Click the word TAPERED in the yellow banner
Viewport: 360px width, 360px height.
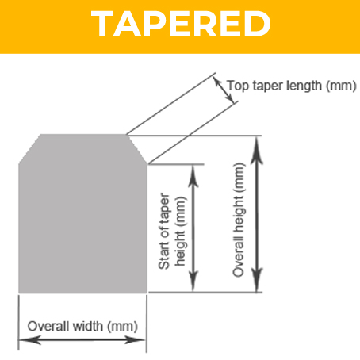[x=181, y=24]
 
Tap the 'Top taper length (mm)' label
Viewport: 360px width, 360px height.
[x=292, y=86]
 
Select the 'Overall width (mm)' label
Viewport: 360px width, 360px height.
[x=82, y=327]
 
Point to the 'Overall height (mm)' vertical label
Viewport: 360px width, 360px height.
[x=239, y=220]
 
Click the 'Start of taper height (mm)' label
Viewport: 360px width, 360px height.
[x=172, y=231]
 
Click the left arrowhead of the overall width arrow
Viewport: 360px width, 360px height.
[x=29, y=340]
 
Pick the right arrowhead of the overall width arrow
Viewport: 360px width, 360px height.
[x=136, y=340]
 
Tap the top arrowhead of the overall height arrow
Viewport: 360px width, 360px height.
[x=256, y=150]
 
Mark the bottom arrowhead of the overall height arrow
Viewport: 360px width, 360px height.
[x=256, y=280]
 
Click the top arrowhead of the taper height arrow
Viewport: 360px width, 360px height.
[x=193, y=177]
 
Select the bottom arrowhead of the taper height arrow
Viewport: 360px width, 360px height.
[x=193, y=281]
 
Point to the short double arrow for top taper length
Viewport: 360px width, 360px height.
[x=224, y=90]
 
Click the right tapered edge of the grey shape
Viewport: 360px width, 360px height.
[x=137, y=149]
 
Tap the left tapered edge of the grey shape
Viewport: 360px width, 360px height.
[x=29, y=149]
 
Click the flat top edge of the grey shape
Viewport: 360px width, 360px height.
[x=83, y=135]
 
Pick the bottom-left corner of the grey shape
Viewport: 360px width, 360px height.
[x=18, y=293]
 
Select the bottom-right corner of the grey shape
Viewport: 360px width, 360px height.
[x=147, y=293]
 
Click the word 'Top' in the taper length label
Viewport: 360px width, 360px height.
[x=238, y=86]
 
